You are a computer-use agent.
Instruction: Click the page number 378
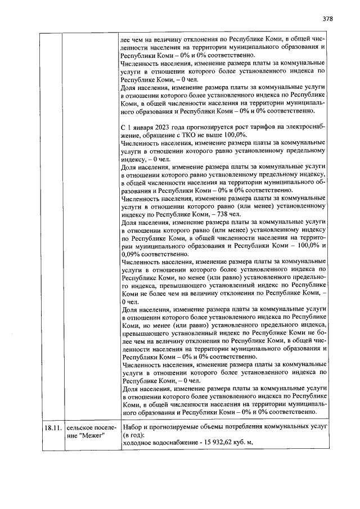(x=328, y=18)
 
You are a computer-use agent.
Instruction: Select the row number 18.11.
(x=53, y=427)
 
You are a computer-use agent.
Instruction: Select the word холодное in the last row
(x=138, y=443)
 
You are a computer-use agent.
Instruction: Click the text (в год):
(x=133, y=435)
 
